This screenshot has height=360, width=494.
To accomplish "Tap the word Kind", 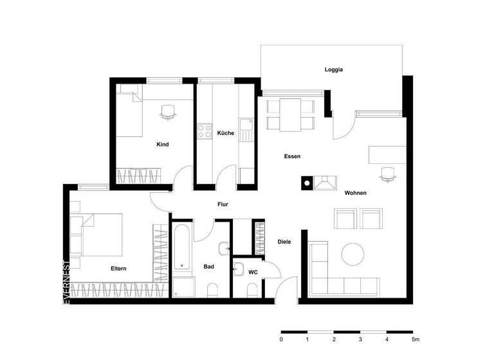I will point(163,145).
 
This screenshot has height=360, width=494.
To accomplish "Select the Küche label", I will point(225,133).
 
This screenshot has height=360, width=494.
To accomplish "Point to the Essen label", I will point(293,156).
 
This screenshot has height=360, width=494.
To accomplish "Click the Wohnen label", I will point(356,193).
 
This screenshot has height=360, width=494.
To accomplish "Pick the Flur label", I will point(223,204).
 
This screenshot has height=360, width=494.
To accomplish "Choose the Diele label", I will point(284,242).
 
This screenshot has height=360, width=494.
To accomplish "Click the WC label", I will point(253,273).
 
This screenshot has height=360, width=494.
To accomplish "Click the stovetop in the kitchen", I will point(205,131).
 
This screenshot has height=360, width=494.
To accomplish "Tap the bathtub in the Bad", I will point(180,247).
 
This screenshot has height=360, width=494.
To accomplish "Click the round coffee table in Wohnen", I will point(353,254).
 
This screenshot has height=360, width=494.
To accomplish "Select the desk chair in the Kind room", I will point(168,112).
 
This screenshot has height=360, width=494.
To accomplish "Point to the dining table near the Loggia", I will point(290,114).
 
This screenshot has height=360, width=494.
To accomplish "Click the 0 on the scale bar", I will point(281,338).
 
